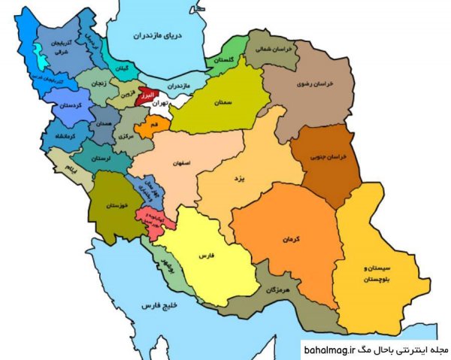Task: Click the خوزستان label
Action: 113,204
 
